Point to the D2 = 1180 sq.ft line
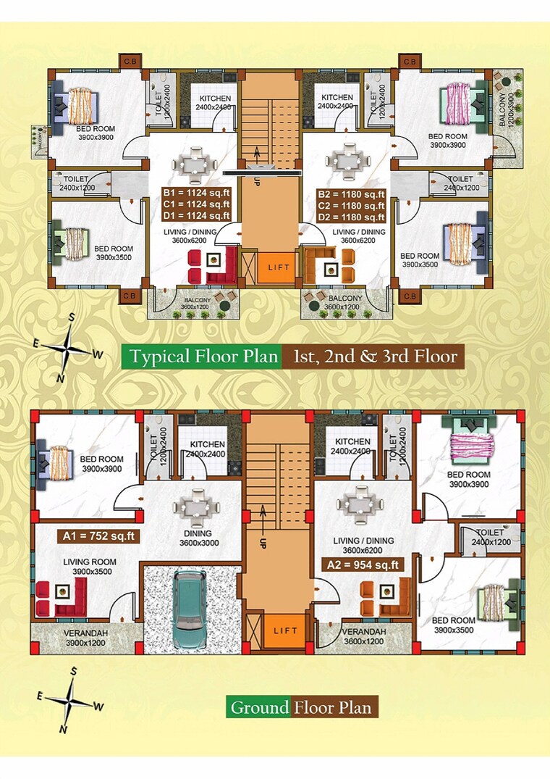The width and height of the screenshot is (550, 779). point(352,215)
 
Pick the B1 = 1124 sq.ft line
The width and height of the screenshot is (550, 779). point(196,193)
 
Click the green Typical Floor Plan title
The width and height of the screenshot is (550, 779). point(202,357)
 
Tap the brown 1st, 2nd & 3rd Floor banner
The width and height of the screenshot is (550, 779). point(374,357)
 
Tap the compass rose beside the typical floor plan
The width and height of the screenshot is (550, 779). point(70,346)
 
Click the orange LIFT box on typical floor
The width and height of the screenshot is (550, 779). point(279,267)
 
